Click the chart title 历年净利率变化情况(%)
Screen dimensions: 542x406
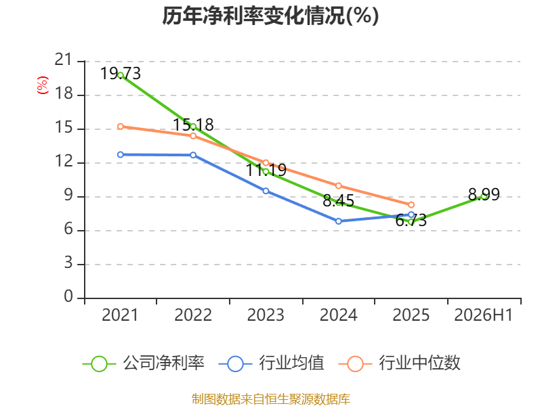click(x=270, y=16)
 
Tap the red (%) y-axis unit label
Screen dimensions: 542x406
click(x=43, y=85)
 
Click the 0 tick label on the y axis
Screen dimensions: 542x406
click(x=68, y=296)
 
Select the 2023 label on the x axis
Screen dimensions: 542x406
click(x=266, y=315)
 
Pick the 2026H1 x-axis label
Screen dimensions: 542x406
click(x=483, y=315)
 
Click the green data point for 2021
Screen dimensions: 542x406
click(x=121, y=75)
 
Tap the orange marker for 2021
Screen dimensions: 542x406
click(x=121, y=127)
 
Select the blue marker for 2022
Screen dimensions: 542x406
click(x=193, y=155)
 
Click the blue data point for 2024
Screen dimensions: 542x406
click(x=338, y=221)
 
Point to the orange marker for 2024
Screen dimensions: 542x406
click(x=338, y=185)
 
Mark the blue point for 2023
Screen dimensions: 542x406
click(x=266, y=191)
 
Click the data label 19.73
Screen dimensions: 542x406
click(x=121, y=74)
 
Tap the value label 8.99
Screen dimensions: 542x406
click(x=484, y=195)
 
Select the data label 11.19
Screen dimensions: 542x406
click(x=266, y=170)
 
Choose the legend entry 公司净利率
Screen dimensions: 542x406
click(x=144, y=363)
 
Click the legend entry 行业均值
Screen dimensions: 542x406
click(x=272, y=363)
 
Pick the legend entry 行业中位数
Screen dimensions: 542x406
click(x=399, y=363)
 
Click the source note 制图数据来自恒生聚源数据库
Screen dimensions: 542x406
click(x=270, y=399)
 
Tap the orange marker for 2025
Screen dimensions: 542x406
click(x=411, y=205)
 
